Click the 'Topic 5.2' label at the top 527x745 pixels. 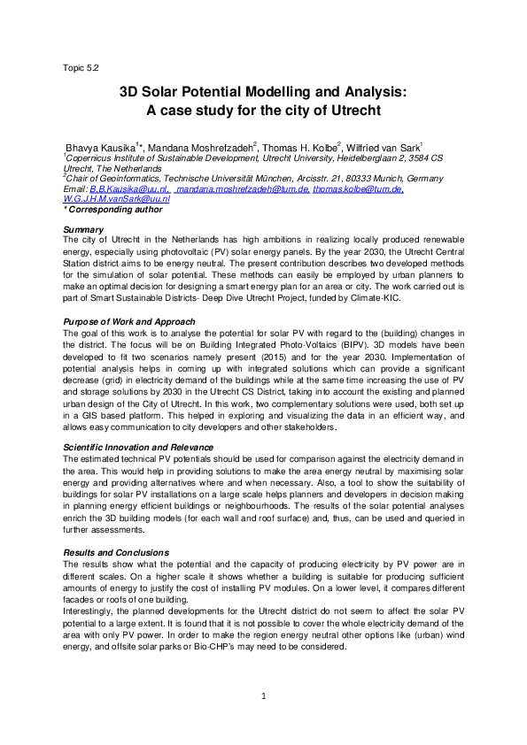81,67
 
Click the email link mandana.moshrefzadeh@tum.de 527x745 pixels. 243,189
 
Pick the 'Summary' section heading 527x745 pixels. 82,230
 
